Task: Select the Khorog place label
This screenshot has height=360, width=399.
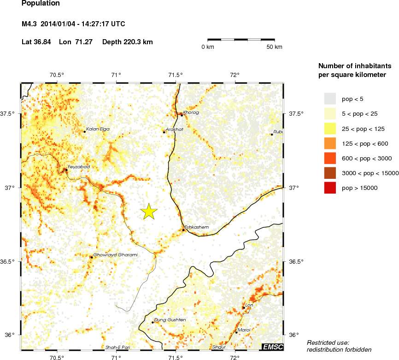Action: (191, 112)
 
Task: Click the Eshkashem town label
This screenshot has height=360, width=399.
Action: (197, 227)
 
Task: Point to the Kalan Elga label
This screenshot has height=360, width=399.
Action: (98, 129)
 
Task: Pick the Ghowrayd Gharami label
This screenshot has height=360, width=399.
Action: (116, 254)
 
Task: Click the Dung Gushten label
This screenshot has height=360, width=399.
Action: (170, 320)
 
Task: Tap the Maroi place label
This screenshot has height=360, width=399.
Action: (244, 330)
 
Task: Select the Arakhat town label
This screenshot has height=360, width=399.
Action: (175, 130)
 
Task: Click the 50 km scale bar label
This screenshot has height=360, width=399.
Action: (275, 47)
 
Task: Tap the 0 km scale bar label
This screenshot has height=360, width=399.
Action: (207, 47)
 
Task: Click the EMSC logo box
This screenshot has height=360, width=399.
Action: (272, 347)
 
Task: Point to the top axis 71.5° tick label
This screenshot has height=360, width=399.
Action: (176, 75)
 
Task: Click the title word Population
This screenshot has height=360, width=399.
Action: (41, 4)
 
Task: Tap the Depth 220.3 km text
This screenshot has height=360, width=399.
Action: (128, 42)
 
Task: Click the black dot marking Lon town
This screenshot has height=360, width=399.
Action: (244, 307)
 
